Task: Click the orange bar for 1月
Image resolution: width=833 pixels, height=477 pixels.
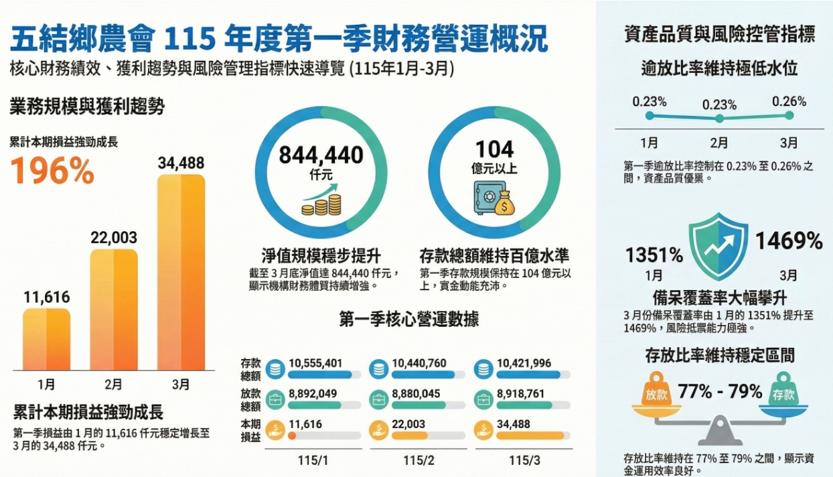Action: [x=46, y=340]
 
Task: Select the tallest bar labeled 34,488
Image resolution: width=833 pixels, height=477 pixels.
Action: [x=181, y=273]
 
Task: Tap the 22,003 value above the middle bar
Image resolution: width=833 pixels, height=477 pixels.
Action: [x=114, y=238]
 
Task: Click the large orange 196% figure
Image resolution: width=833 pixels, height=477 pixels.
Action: [x=52, y=171]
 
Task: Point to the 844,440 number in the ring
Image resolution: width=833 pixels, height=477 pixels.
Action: [x=321, y=155]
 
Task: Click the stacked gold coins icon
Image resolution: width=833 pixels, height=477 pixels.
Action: [x=321, y=204]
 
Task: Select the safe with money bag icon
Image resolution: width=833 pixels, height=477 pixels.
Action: [x=494, y=198]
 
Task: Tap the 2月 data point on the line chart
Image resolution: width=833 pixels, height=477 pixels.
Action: [x=719, y=119]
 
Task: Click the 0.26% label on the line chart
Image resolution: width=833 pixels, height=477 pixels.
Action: [x=789, y=102]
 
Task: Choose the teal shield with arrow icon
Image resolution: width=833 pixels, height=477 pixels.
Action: [x=718, y=247]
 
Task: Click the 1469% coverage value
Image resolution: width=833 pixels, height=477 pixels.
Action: [x=789, y=241]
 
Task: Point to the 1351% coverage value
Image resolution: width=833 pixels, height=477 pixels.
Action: [x=654, y=255]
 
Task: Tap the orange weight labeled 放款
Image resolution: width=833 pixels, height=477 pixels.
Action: [x=656, y=389]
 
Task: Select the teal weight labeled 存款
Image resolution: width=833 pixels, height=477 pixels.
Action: [x=783, y=389]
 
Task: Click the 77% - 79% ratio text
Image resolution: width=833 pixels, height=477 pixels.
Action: [x=720, y=391]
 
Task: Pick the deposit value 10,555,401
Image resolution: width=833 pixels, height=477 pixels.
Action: [x=315, y=363]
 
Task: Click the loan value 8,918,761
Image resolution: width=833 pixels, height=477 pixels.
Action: [x=521, y=394]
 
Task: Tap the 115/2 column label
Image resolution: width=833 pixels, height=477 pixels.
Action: [x=419, y=461]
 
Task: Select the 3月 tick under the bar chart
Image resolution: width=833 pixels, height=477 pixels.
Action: [x=181, y=384]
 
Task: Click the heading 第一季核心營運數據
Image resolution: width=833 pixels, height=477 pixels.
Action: [x=409, y=320]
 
